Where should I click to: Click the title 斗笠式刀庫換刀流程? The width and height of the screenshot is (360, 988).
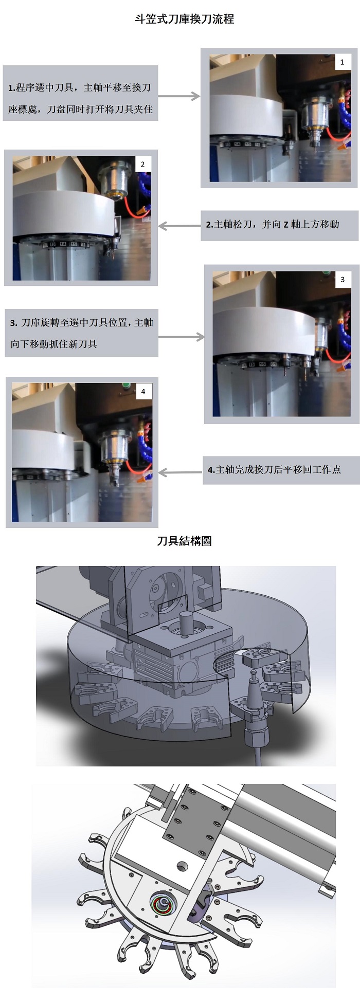click(x=184, y=20)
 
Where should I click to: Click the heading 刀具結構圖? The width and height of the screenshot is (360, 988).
click(x=184, y=541)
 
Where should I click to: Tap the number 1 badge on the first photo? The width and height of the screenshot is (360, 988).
click(x=343, y=62)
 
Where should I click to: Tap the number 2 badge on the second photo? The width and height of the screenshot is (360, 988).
click(x=142, y=164)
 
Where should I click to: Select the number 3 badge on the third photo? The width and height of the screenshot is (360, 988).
click(x=343, y=280)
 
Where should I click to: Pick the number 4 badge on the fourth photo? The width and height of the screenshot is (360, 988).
click(x=143, y=391)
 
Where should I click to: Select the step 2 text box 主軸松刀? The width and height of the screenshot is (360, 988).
click(x=279, y=225)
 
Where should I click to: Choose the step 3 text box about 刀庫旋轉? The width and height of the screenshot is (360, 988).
click(x=81, y=333)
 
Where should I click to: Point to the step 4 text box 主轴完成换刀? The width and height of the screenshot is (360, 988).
click(x=281, y=470)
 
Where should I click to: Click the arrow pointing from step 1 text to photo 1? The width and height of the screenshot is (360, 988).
click(x=179, y=96)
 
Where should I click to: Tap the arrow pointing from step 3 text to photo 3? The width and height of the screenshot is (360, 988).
click(x=182, y=337)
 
